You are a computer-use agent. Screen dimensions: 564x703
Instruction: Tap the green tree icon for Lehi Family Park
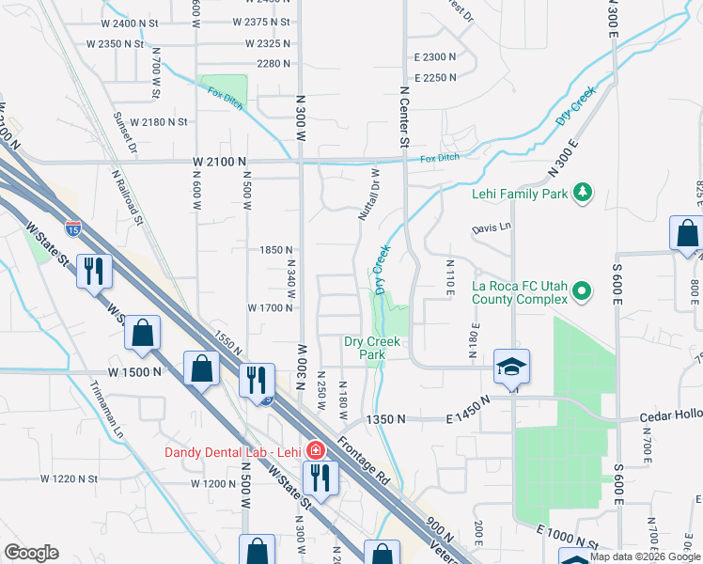[x=584, y=192]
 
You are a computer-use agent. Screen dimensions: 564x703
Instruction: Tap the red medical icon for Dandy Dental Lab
[x=316, y=449]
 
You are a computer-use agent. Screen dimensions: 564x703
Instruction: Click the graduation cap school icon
[x=511, y=367]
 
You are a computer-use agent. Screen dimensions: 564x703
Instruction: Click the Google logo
[x=31, y=553]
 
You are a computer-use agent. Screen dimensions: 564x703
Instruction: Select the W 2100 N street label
[x=225, y=162]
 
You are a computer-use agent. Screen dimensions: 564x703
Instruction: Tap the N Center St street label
[x=405, y=117]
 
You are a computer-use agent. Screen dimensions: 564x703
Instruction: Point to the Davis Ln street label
[x=491, y=227]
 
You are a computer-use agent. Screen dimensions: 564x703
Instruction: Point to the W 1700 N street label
[x=272, y=307]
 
